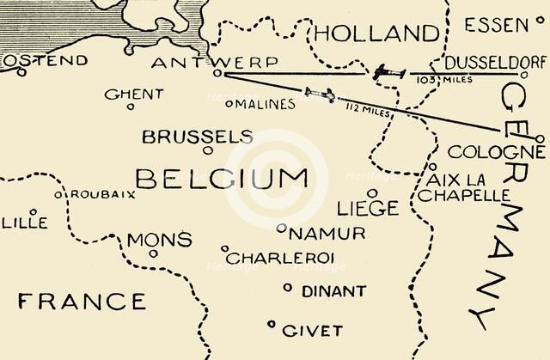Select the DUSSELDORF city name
point(495,63)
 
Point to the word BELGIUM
point(222,179)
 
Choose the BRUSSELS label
point(197,137)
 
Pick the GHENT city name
point(133,94)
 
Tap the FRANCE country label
point(82,301)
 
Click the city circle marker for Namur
point(281,229)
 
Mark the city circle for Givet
point(272,324)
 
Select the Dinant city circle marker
point(288,288)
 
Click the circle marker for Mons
point(153,253)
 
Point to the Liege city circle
point(371,193)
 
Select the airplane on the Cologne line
point(320,94)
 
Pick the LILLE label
point(24,223)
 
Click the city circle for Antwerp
point(218,74)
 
